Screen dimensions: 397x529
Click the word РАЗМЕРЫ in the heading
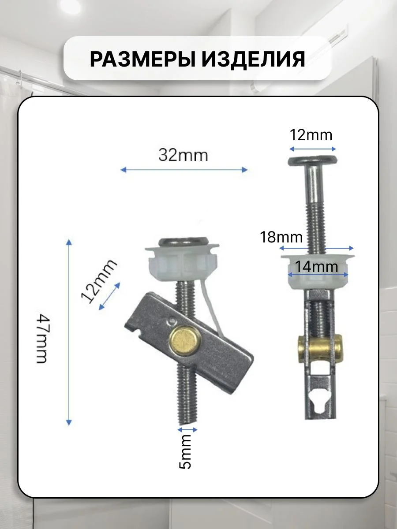(x=142, y=59)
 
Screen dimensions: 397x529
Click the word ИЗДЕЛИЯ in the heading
(x=254, y=59)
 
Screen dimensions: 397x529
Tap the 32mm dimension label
(x=183, y=156)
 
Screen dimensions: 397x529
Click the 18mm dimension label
(x=281, y=237)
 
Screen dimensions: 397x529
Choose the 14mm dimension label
(x=316, y=267)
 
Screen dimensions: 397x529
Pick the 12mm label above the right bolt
(x=311, y=135)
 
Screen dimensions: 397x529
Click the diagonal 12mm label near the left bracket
(x=99, y=281)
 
